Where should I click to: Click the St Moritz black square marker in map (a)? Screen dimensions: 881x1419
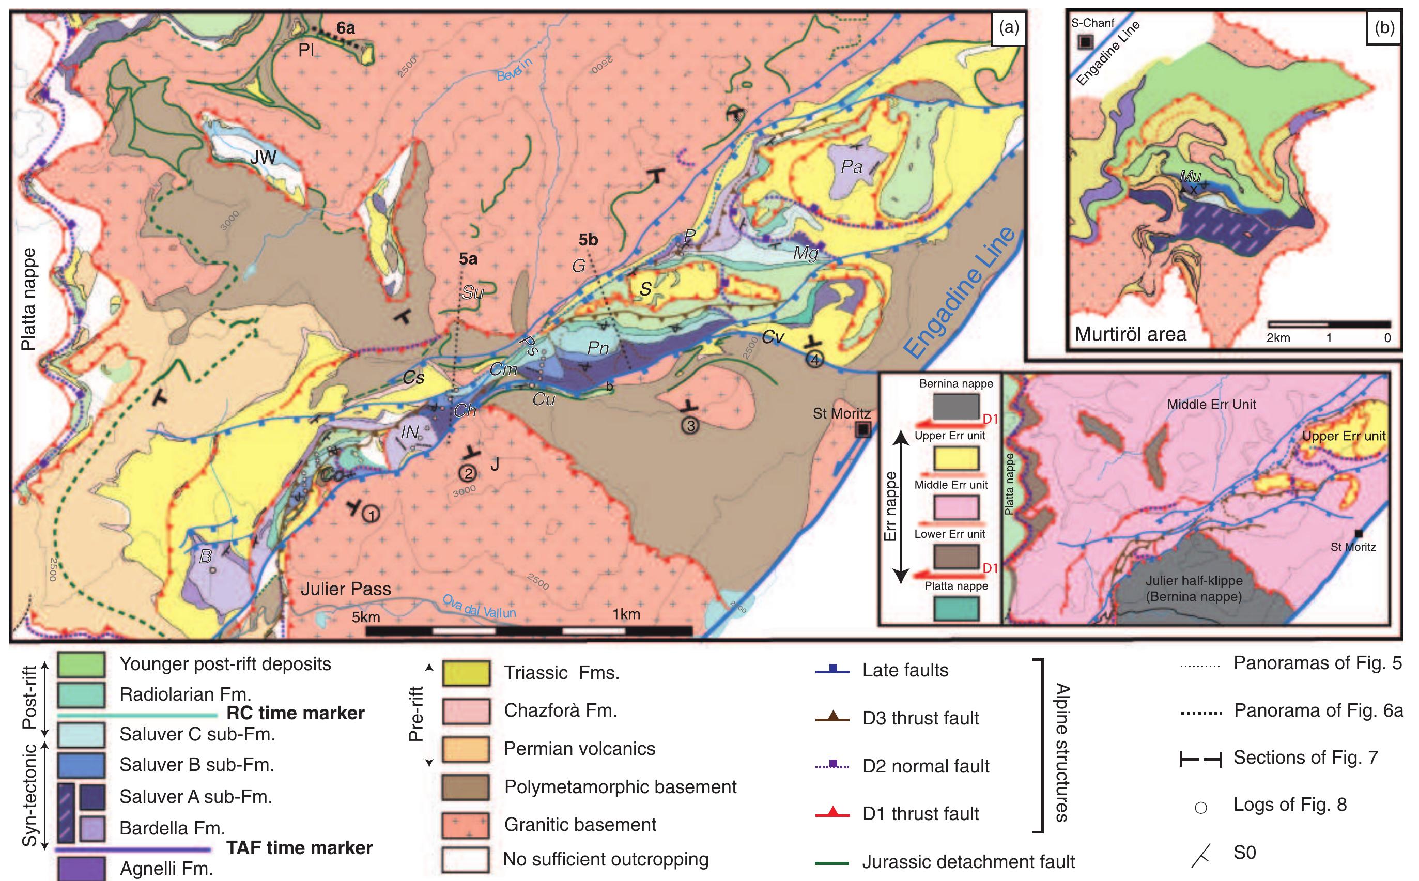(862, 430)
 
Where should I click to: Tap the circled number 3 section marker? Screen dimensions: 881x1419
(690, 425)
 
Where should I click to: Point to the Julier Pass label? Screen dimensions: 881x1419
(346, 589)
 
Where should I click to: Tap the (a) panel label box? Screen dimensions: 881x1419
(1008, 28)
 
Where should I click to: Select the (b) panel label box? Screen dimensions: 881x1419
(1383, 28)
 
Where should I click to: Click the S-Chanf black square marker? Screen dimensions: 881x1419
(1085, 42)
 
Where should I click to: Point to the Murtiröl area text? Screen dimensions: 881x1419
(1131, 334)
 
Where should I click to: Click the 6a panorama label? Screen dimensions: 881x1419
(345, 27)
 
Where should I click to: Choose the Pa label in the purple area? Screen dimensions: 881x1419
(852, 167)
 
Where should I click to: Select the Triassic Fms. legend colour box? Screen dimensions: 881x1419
(465, 673)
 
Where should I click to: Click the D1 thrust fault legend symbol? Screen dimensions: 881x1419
(832, 813)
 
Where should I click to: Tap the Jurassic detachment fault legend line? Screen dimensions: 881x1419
(832, 862)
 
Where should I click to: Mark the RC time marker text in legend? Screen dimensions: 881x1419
(295, 713)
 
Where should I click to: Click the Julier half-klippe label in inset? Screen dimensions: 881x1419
(1194, 588)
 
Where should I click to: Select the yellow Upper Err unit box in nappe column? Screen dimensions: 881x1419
(955, 458)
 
